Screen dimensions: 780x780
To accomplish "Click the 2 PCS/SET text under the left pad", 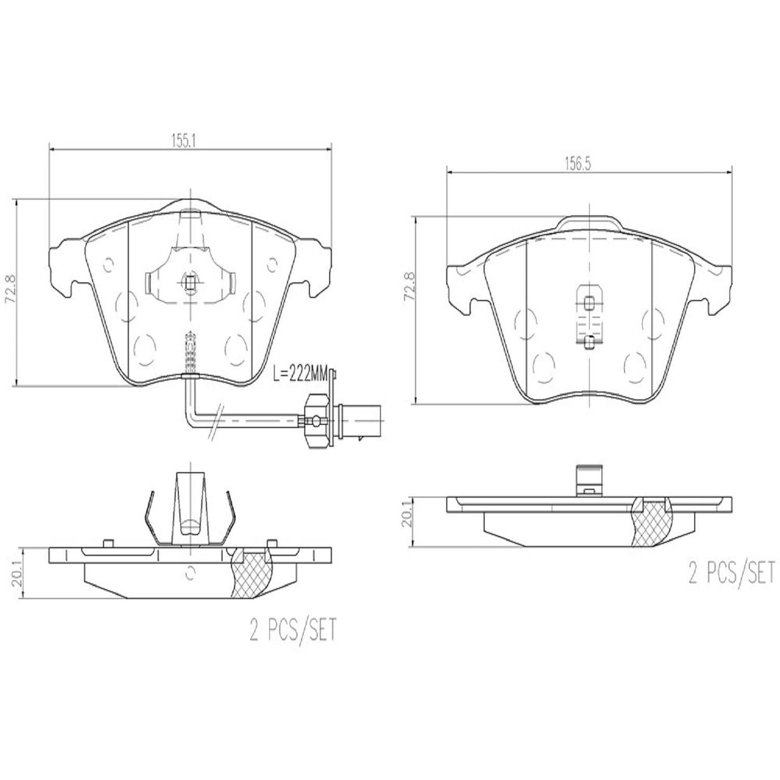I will click(293, 630).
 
